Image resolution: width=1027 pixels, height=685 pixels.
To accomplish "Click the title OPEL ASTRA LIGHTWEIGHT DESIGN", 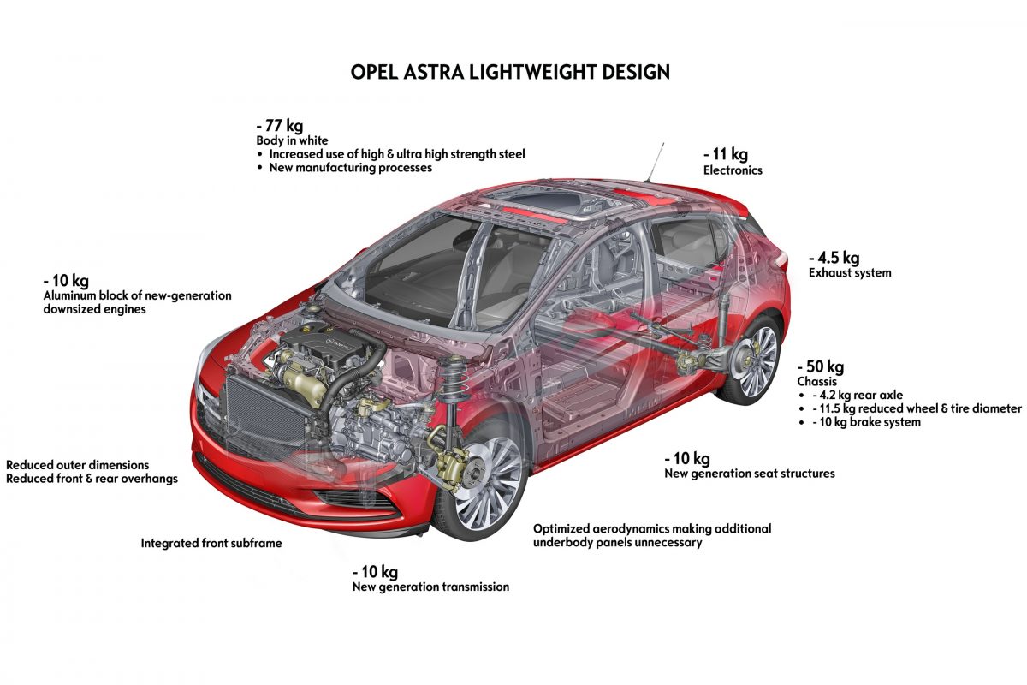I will (510, 72).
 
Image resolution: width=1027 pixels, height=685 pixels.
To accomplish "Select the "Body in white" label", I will (292, 140).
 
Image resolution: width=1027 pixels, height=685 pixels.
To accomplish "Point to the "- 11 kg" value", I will (726, 154).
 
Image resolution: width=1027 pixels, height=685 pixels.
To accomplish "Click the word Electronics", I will (733, 170).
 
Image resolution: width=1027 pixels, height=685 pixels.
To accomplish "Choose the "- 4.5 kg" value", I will (834, 257).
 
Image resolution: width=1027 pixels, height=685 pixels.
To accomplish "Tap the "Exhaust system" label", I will (850, 273).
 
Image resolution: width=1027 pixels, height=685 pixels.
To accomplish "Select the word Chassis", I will (816, 382).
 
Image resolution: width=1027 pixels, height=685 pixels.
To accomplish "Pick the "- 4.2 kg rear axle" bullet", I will (855, 396).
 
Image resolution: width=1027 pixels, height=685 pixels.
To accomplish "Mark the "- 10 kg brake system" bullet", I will (865, 422).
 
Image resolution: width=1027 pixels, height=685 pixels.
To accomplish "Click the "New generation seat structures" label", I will (750, 474).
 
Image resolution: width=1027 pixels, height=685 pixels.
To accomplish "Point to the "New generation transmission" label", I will (430, 587).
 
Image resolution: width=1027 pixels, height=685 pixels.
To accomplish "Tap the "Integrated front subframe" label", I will (211, 543).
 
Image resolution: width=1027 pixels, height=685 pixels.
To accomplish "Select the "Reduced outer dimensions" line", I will (78, 465).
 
